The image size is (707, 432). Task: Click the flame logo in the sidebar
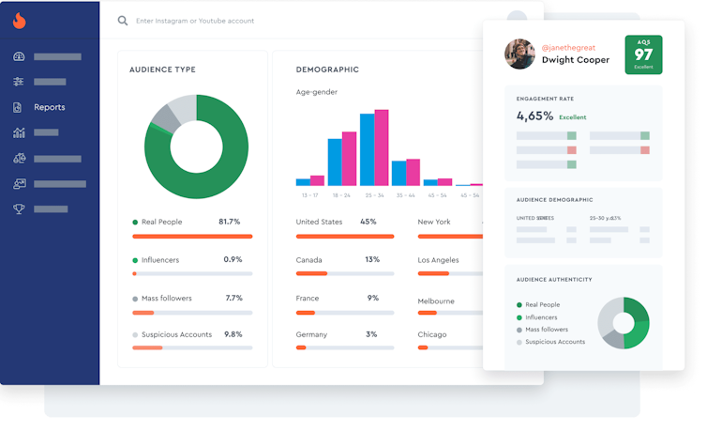click(x=20, y=21)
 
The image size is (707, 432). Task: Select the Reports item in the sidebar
click(x=49, y=107)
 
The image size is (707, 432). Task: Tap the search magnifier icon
click(x=123, y=20)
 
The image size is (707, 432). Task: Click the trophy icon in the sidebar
click(x=19, y=208)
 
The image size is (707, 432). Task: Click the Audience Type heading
click(x=162, y=69)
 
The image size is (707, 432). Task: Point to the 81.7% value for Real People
click(x=229, y=222)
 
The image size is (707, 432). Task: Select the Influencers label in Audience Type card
click(x=160, y=260)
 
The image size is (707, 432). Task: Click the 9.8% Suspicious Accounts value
click(x=233, y=334)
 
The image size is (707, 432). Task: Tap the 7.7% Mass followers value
click(x=233, y=298)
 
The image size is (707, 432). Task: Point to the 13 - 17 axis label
click(x=309, y=195)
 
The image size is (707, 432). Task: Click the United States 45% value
click(x=369, y=222)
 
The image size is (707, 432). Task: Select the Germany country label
click(x=311, y=334)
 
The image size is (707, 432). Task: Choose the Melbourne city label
click(x=436, y=301)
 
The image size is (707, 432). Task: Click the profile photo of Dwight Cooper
click(x=519, y=54)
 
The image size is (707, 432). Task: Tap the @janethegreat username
click(x=568, y=46)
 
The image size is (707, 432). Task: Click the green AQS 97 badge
click(x=643, y=54)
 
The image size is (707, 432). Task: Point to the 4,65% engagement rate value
click(x=534, y=116)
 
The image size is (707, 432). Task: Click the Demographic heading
click(x=327, y=69)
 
